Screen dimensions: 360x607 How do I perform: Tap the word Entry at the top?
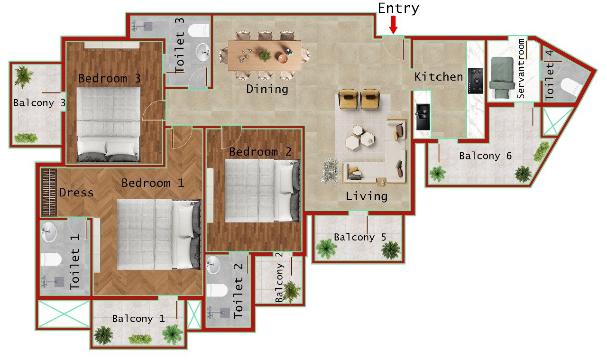point(398,8)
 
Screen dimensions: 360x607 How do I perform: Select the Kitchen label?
point(439,77)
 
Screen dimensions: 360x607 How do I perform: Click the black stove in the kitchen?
point(475,81)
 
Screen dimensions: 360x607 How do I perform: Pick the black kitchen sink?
point(422,117)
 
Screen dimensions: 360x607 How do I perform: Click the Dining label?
point(267,89)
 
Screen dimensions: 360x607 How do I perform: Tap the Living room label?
point(366,196)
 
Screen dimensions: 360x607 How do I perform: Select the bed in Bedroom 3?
point(108,124)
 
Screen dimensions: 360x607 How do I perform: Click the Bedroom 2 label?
point(260,152)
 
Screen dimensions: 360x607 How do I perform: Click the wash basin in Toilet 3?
point(203,52)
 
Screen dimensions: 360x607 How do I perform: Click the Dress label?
point(76,193)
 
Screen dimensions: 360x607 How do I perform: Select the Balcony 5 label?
point(360,237)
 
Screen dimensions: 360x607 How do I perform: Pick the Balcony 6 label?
point(486,156)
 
